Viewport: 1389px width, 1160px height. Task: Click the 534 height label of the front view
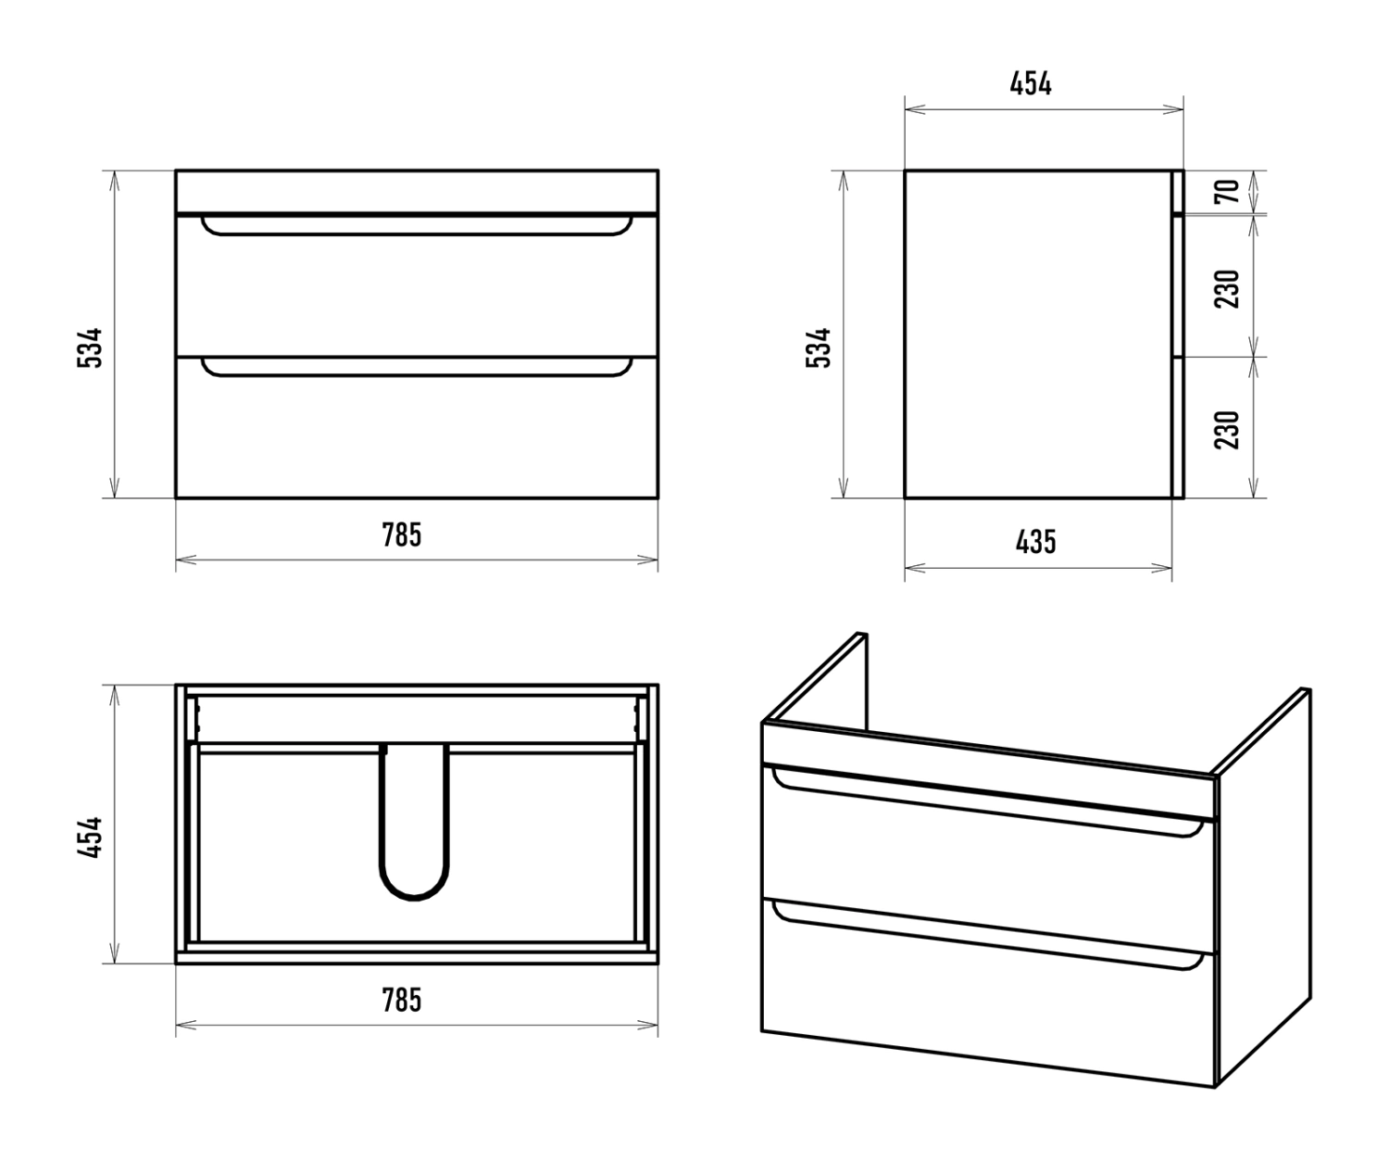coord(90,347)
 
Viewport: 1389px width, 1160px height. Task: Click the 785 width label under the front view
coord(402,535)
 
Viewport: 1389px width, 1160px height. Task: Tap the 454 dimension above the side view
coord(1031,83)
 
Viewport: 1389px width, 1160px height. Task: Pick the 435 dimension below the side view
coord(1036,542)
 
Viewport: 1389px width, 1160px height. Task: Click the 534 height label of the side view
coord(819,347)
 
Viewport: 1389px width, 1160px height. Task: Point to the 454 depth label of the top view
coord(90,838)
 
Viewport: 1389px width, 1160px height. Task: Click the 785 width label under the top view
coord(402,1000)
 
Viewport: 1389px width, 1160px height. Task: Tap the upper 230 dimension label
coord(1227,289)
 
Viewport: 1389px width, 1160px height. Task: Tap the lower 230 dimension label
coord(1227,430)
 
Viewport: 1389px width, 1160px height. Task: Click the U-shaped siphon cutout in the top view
coord(414,899)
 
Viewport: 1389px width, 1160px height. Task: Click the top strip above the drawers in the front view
coord(417,192)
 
